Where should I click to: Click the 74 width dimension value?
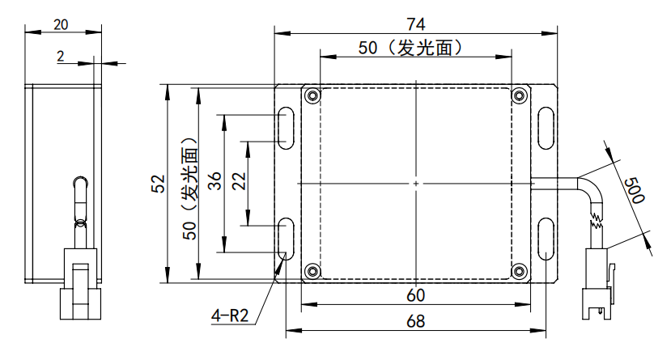[x=416, y=24]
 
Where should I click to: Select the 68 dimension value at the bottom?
[x=415, y=321]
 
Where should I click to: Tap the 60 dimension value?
[x=415, y=295]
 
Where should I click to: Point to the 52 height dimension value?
[x=158, y=184]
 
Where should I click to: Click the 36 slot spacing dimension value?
[x=214, y=180]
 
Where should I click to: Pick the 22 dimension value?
[x=239, y=181]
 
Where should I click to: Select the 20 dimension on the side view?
[x=61, y=25]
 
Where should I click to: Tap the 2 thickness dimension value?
[x=61, y=56]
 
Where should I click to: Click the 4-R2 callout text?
[x=230, y=316]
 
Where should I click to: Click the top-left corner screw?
[x=312, y=95]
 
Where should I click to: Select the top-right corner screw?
[x=519, y=95]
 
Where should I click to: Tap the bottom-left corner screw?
[x=312, y=271]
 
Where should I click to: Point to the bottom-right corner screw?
[x=519, y=271]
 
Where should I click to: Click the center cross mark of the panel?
[x=416, y=184]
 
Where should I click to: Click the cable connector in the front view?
[x=598, y=284]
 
